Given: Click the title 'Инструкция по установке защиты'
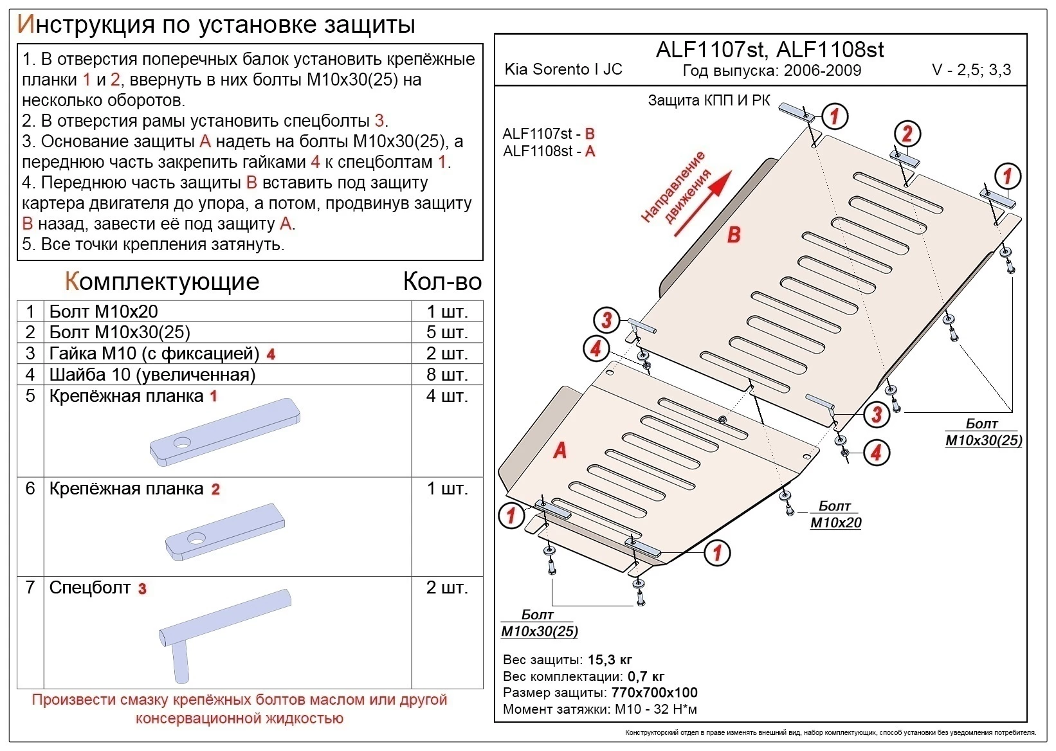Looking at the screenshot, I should pyautogui.click(x=216, y=24).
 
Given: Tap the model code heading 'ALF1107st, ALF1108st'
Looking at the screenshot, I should pyautogui.click(x=769, y=50).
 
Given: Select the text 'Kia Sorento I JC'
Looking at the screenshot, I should pyautogui.click(x=563, y=69).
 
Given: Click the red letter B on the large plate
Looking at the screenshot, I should pyautogui.click(x=734, y=235).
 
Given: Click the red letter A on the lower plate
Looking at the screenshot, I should pyautogui.click(x=560, y=450).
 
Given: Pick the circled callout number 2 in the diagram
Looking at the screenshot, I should pyautogui.click(x=907, y=134).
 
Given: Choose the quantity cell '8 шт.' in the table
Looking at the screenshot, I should pyautogui.click(x=446, y=374).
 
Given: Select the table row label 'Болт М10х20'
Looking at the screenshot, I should pyautogui.click(x=104, y=311).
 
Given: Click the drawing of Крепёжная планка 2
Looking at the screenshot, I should pyautogui.click(x=224, y=532).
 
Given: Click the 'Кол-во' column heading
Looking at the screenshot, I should pyautogui.click(x=442, y=282).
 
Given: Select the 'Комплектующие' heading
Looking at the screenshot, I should pyautogui.click(x=162, y=282).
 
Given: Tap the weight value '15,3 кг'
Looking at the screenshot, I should pyautogui.click(x=610, y=660).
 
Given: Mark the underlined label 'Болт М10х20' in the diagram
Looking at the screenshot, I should pyautogui.click(x=835, y=514).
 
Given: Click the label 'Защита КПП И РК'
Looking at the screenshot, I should pyautogui.click(x=709, y=100).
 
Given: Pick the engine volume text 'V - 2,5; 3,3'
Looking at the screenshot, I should pyautogui.click(x=971, y=69).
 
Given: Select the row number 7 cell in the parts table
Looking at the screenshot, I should pyautogui.click(x=30, y=588).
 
